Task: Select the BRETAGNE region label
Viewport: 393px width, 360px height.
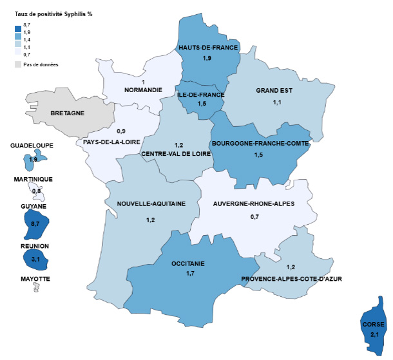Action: pos(67,113)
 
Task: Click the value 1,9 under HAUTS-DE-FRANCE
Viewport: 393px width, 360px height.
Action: pos(208,59)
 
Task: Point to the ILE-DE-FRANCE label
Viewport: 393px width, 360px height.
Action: pos(201,95)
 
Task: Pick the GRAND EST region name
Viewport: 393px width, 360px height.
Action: pos(274,90)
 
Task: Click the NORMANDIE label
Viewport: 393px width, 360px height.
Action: pos(142,90)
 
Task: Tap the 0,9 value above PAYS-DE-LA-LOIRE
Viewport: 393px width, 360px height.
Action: pos(121,131)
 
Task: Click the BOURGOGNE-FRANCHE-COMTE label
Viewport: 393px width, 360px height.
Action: pos(260,142)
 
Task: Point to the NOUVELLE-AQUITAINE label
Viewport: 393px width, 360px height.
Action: pos(151,204)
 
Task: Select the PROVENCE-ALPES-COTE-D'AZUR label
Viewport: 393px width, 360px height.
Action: pos(291,279)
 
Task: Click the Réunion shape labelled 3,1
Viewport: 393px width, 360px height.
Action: pos(35,259)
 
